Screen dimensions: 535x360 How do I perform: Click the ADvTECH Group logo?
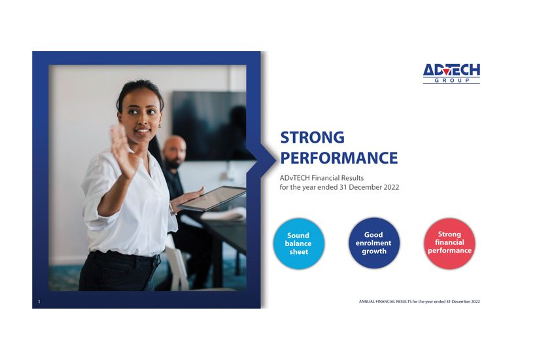(451, 73)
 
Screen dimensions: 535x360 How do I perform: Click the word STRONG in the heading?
(312, 137)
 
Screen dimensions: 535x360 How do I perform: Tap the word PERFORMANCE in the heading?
(339, 158)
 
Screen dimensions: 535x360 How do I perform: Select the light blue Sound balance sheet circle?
(298, 243)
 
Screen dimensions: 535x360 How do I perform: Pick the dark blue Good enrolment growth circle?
(374, 243)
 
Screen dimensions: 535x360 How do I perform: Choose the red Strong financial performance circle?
(449, 243)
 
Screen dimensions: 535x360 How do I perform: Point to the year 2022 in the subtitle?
(391, 187)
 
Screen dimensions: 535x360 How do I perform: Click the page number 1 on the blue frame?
(39, 302)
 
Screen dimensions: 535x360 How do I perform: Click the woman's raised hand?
(124, 151)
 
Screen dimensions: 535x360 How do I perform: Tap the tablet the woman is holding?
(212, 198)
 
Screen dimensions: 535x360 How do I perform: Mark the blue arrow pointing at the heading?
(262, 159)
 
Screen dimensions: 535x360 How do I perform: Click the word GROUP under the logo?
(452, 81)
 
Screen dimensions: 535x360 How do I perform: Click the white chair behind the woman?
(177, 264)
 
